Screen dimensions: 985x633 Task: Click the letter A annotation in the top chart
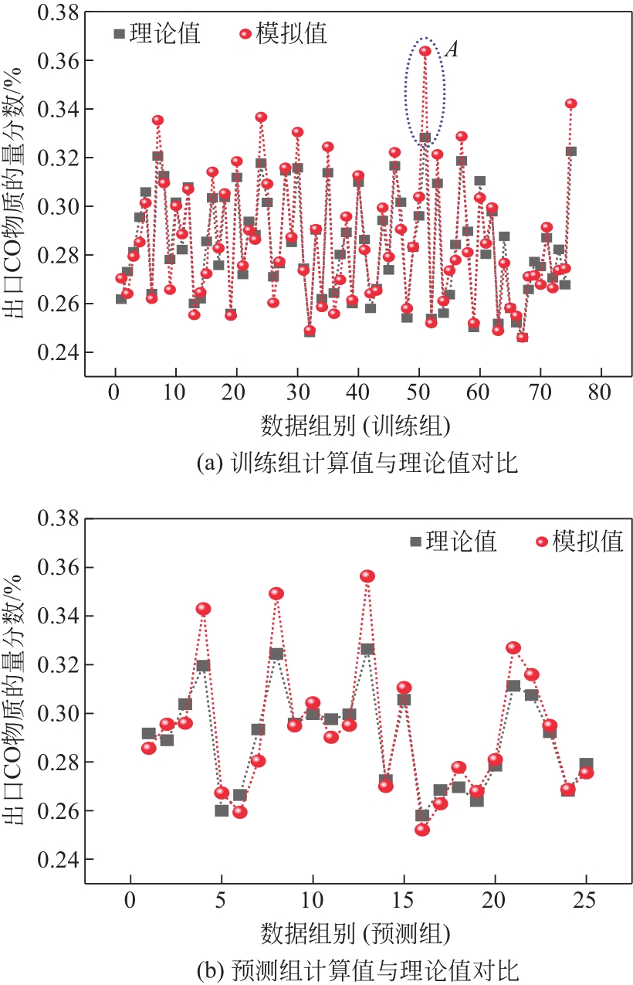453,50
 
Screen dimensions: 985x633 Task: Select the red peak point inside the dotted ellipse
425,52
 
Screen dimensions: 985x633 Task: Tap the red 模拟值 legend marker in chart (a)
245,33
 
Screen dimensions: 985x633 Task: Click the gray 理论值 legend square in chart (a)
118,33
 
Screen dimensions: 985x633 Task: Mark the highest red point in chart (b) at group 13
367,576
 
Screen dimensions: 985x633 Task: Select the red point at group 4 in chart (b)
203,609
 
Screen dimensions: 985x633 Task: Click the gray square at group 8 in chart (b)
276,654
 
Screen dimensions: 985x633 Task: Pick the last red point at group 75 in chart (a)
571,104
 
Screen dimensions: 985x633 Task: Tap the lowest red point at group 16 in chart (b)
421,830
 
